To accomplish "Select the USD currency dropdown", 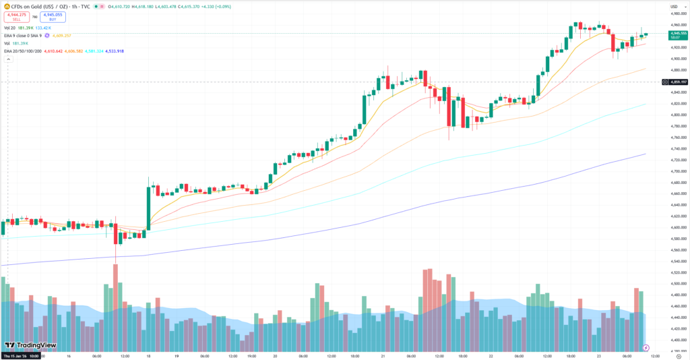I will (x=673, y=6).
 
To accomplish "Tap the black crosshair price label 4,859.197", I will (x=677, y=82).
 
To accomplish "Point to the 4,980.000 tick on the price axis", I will (x=677, y=13).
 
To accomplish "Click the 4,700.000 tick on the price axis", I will (x=677, y=171).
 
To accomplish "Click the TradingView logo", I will (x=29, y=344).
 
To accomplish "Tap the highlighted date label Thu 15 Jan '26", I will (x=20, y=356).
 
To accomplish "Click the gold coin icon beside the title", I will (x=5, y=5).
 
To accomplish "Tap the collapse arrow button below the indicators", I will (x=8, y=60).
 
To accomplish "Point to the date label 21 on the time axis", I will (x=383, y=356).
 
